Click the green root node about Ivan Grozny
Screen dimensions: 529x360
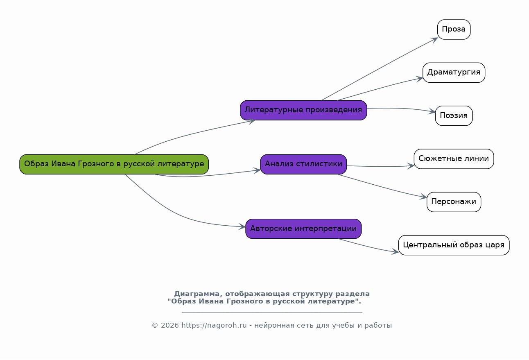(x=114, y=164)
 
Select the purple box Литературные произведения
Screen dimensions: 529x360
(x=303, y=110)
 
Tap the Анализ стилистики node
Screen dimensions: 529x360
(x=303, y=164)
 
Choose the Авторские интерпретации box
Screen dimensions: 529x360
(x=303, y=229)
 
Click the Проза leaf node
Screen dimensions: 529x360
(x=454, y=29)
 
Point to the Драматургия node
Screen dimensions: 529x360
(x=454, y=72)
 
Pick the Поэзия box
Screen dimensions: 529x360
(x=454, y=116)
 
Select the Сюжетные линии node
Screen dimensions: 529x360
(x=454, y=159)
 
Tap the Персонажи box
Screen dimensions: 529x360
(x=454, y=202)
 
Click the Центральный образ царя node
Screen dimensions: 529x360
(x=454, y=245)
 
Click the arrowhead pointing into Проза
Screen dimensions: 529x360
(x=434, y=40)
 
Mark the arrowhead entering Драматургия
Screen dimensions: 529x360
(x=419, y=79)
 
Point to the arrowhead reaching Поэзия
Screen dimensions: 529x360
(x=432, y=111)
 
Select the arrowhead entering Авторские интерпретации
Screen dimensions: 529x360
(x=242, y=227)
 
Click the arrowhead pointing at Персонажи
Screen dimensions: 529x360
(x=423, y=197)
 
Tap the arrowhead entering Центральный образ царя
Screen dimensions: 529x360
(x=395, y=251)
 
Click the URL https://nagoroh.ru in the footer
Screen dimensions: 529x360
(x=214, y=326)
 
